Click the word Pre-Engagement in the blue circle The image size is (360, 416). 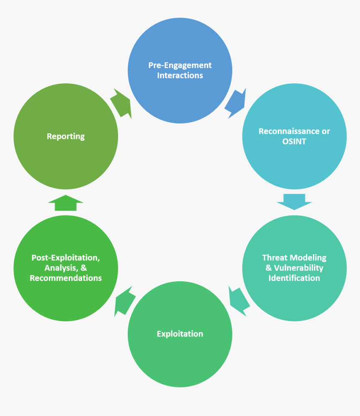pos(180,65)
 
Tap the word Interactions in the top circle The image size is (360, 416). pos(180,76)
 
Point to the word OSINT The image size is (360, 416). pos(294,142)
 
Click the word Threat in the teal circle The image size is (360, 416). pos(275,258)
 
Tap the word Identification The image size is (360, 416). pos(294,278)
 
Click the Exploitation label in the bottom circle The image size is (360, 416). pos(180,334)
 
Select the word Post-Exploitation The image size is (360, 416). pos(66,258)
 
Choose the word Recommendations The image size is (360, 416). pos(66,278)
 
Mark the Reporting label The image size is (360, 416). pos(66,136)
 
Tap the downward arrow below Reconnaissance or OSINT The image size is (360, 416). pos(294,201)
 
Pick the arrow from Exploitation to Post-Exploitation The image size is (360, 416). pos(124,300)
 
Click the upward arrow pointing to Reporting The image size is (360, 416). pos(66,203)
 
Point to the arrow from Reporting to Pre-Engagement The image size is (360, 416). pos(122,103)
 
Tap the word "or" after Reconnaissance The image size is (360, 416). pos(326,131)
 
